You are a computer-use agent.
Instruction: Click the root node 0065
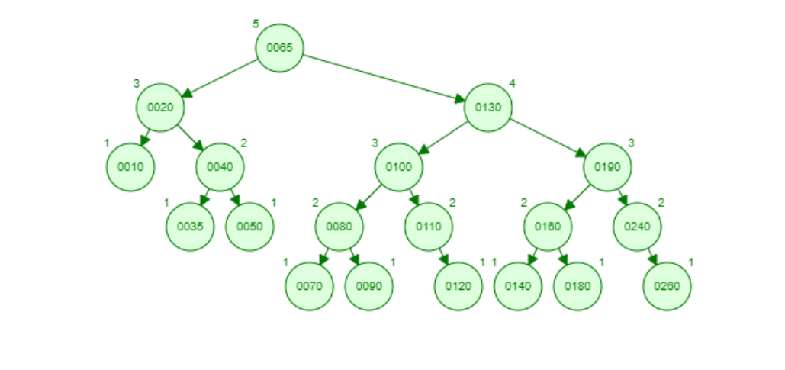click(279, 48)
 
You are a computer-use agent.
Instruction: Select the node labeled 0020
click(160, 108)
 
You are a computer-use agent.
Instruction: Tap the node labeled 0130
click(488, 108)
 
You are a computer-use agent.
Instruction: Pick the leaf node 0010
click(130, 167)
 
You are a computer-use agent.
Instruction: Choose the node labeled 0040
click(220, 167)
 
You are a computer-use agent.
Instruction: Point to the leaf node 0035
click(190, 227)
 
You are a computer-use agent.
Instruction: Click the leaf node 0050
click(249, 227)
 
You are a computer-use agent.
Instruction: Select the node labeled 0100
click(398, 167)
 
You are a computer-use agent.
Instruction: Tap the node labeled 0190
click(607, 167)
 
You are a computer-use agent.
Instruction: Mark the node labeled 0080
click(339, 227)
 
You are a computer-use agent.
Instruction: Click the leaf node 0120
click(458, 286)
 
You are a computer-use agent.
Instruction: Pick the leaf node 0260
click(667, 286)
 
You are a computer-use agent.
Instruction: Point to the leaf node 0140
click(518, 286)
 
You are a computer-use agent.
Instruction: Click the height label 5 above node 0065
click(256, 24)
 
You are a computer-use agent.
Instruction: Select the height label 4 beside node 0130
click(512, 84)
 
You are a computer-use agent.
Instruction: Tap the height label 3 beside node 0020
click(136, 84)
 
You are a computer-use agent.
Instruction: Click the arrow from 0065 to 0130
click(384, 78)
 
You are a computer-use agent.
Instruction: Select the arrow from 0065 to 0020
click(219, 78)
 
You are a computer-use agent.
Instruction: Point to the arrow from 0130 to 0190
click(548, 137)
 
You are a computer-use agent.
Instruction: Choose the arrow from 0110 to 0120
click(444, 257)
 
